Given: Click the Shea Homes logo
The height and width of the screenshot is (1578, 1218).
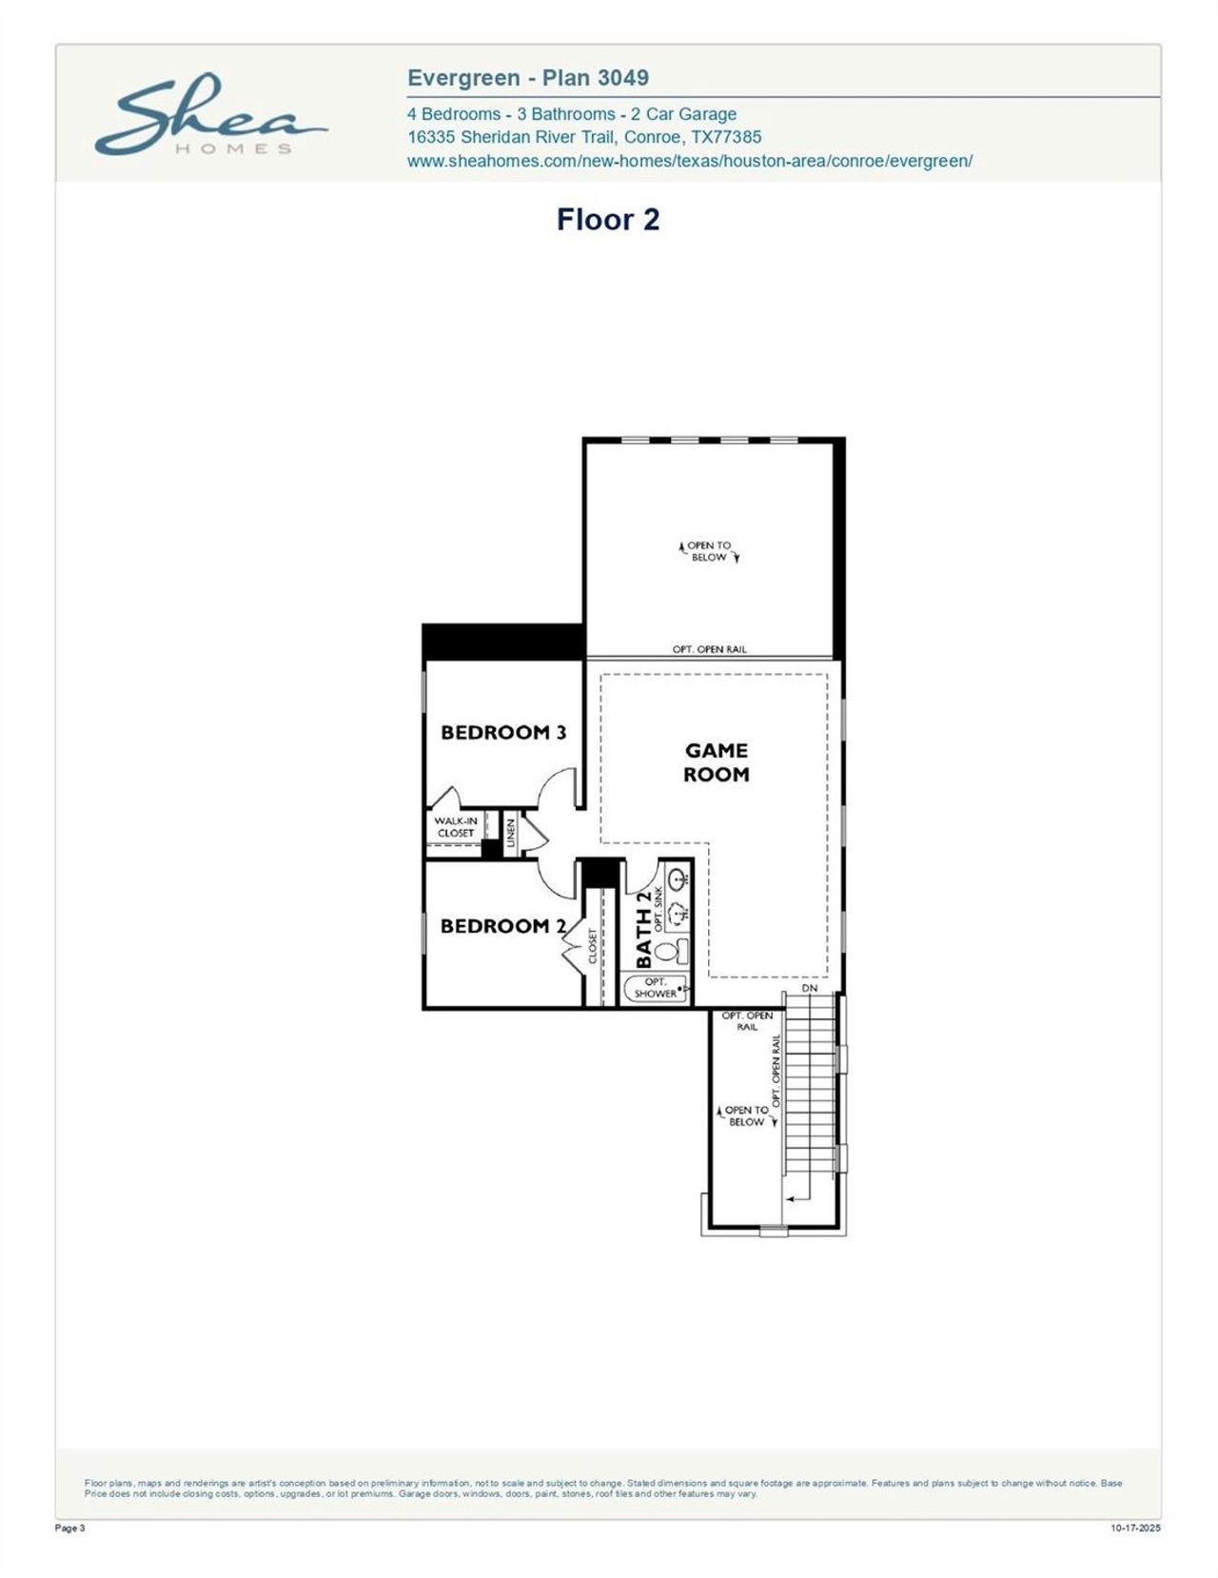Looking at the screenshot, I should coord(210,117).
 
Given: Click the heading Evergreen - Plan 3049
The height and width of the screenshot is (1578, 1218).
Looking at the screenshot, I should coord(528,78).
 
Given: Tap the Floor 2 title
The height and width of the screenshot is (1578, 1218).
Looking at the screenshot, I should coord(608,220).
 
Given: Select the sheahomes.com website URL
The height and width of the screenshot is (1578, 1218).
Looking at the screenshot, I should coord(689,161).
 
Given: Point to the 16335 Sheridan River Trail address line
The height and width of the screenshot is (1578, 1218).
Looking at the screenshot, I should coord(583,137).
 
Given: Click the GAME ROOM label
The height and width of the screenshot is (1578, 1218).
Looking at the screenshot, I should coord(717,762).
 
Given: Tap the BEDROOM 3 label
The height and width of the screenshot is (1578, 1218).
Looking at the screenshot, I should coord(503,732).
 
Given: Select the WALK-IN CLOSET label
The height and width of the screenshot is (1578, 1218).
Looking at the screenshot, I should coord(456,827).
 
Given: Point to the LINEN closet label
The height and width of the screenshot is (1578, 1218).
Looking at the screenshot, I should coord(511,833).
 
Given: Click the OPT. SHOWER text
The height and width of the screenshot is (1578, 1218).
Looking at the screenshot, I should coord(656,988).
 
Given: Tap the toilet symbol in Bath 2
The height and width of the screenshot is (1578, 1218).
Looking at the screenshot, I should coord(665,950).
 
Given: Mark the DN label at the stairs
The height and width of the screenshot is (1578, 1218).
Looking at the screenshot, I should coord(810,988).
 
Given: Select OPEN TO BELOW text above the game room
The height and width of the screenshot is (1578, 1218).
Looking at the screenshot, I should coord(709,551).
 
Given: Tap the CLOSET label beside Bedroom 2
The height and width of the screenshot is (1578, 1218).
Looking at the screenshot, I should coord(592,946).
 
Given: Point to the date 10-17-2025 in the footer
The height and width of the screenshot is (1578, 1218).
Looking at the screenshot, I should coord(1135,1529).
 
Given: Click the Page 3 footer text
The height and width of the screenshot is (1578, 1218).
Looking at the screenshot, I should coord(70,1529).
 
